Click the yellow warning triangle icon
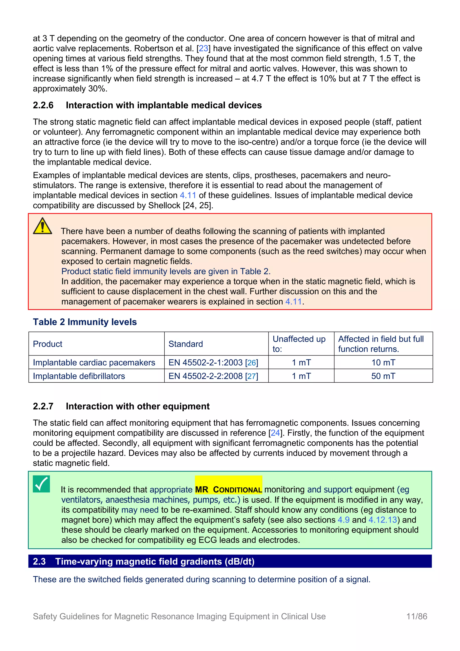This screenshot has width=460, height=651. [42, 226]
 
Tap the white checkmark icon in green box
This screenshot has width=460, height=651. [41, 484]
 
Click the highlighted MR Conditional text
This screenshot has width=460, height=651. [228, 490]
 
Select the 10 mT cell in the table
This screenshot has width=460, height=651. [383, 362]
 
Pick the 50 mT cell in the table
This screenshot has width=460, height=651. [383, 376]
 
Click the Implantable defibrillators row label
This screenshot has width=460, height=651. [79, 376]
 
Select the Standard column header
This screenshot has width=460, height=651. [186, 344]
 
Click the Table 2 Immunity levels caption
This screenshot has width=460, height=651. [85, 322]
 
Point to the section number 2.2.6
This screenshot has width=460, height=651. [43, 105]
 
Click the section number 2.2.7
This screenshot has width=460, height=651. [43, 406]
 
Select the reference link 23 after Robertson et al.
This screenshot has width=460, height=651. [203, 49]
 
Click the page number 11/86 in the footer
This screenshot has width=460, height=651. [417, 616]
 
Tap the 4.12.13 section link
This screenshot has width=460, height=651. [383, 520]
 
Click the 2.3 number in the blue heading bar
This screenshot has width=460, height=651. [39, 561]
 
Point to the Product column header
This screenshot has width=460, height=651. [48, 344]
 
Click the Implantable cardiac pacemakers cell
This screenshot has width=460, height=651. [94, 362]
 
